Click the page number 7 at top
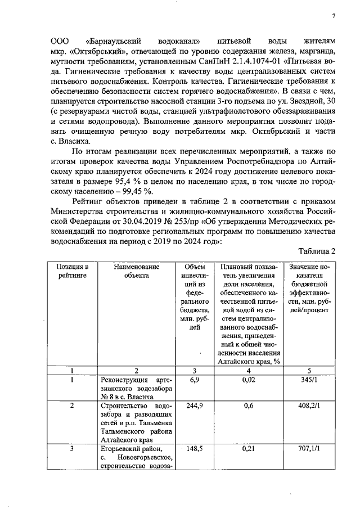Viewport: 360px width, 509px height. pyautogui.click(x=334, y=16)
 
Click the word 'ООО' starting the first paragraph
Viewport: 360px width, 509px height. pyautogui.click(x=59, y=41)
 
